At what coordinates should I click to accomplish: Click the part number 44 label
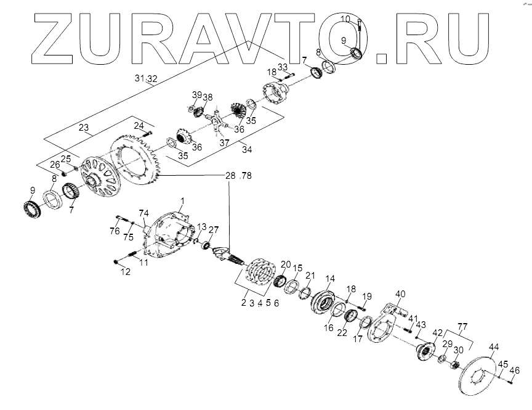pyautogui.click(x=494, y=347)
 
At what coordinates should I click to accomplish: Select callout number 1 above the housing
pyautogui.click(x=182, y=201)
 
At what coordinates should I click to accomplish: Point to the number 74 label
pyautogui.click(x=143, y=213)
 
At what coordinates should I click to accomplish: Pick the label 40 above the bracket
pyautogui.click(x=400, y=293)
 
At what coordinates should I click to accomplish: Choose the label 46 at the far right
pyautogui.click(x=515, y=370)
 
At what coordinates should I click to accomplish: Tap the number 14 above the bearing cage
pyautogui.click(x=330, y=279)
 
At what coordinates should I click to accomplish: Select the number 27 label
pyautogui.click(x=214, y=231)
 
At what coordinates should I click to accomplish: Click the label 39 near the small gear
pyautogui.click(x=196, y=94)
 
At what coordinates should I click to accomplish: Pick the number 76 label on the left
pyautogui.click(x=115, y=232)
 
